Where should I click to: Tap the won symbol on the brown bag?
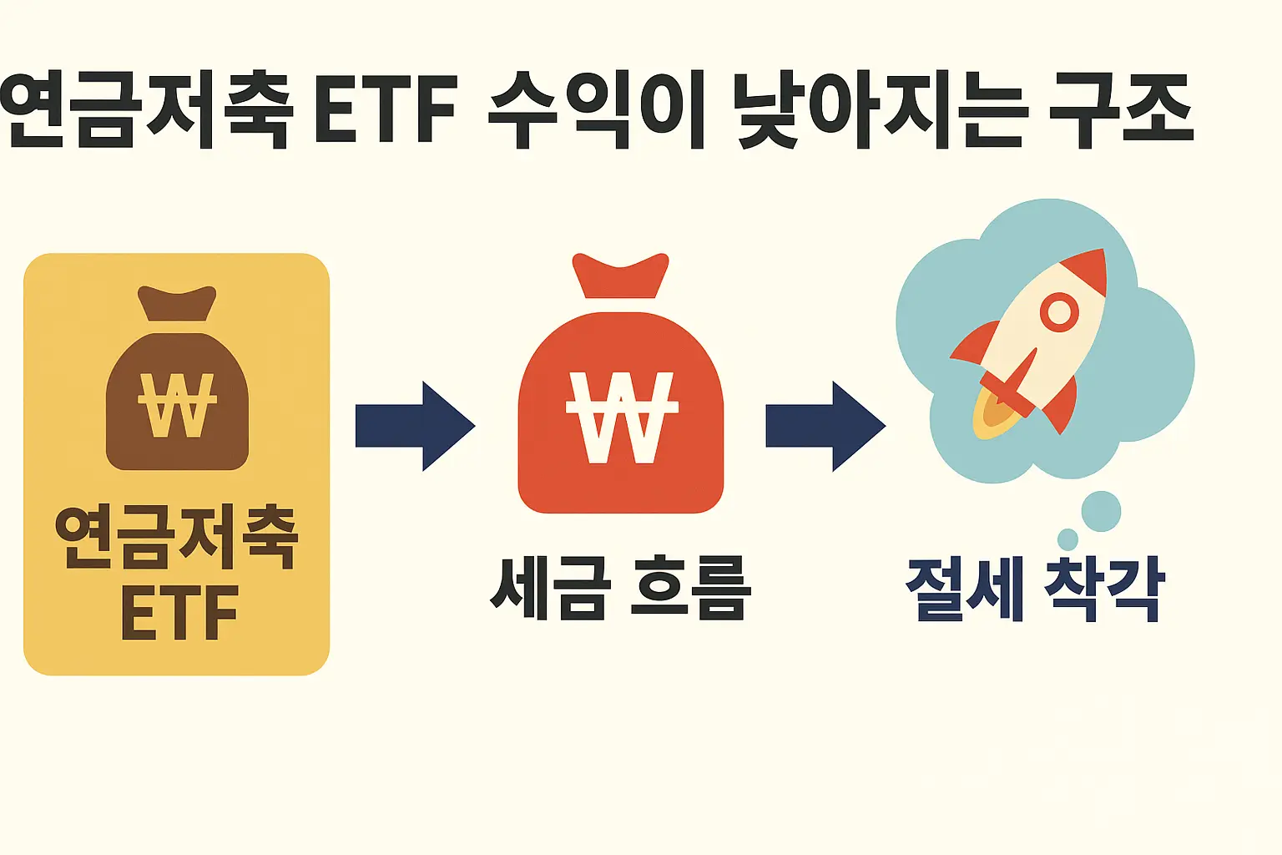point(177,406)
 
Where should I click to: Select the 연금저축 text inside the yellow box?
point(176,538)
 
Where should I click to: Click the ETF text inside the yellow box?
point(179,614)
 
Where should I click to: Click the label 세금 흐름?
point(620,588)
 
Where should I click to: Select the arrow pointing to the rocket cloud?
point(825,426)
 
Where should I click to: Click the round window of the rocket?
point(1059,312)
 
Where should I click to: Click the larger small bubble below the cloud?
point(1101,511)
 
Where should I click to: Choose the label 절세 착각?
point(1035,589)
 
